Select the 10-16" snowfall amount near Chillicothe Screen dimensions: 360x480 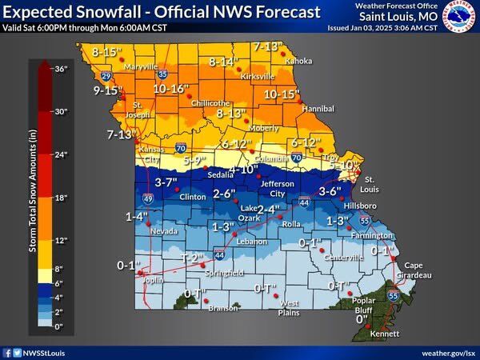point(170,88)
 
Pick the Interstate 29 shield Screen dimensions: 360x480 point(106,78)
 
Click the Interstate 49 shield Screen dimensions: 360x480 point(147,198)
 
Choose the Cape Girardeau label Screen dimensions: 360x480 point(418,270)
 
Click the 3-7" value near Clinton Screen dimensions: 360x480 point(166,182)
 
